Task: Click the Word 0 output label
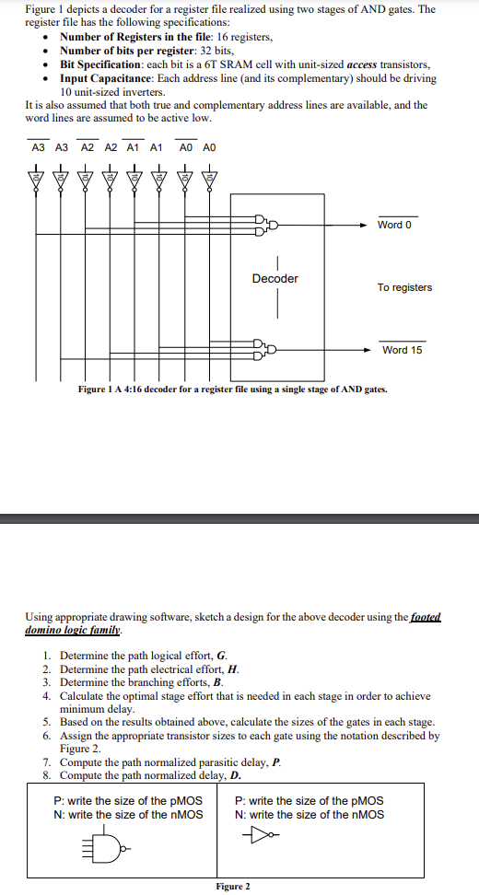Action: [x=395, y=225]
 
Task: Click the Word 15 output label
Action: [x=402, y=350]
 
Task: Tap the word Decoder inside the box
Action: [x=275, y=278]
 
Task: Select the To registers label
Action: [x=403, y=287]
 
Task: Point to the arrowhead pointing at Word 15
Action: [x=366, y=349]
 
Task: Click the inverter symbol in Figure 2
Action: [x=262, y=836]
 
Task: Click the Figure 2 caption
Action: [x=233, y=886]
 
